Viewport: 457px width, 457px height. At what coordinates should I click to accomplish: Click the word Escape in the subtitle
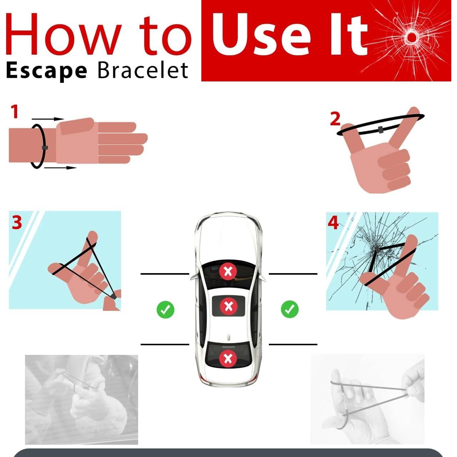(x=46, y=71)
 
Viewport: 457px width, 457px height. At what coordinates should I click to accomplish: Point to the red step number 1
(x=14, y=112)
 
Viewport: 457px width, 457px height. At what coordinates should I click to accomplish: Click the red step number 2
(x=335, y=119)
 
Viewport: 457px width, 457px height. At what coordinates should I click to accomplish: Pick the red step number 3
(x=17, y=222)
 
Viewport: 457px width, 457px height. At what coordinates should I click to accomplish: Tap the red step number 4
(x=333, y=223)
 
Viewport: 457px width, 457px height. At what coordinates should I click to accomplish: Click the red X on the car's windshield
(x=228, y=272)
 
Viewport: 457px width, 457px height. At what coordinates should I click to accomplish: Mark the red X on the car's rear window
(x=228, y=358)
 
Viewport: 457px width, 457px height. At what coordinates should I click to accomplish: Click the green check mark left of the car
(x=165, y=309)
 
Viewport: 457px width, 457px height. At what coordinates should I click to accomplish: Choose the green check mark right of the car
(x=290, y=309)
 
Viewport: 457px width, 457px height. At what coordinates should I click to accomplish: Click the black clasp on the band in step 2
(x=381, y=129)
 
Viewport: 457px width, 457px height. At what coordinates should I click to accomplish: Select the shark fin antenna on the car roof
(x=228, y=336)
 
